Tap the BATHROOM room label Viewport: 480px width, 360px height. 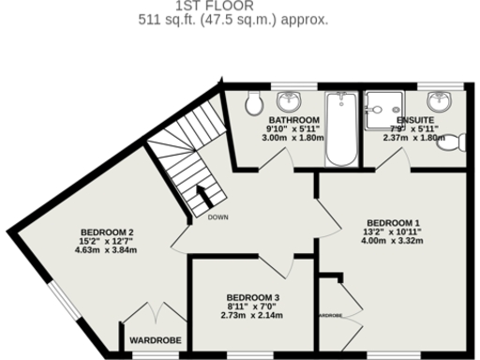click(x=293, y=121)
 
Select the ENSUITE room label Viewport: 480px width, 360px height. click(x=414, y=121)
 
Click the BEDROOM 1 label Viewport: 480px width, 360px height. click(x=392, y=222)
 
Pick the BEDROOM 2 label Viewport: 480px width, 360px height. click(x=107, y=232)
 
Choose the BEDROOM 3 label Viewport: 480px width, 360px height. click(x=253, y=298)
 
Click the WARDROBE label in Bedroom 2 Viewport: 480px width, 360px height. click(x=155, y=339)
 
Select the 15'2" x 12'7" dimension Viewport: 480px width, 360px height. click(x=107, y=242)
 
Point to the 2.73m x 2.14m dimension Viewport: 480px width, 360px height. click(x=253, y=317)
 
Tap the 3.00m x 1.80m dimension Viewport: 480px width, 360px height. click(x=293, y=139)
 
